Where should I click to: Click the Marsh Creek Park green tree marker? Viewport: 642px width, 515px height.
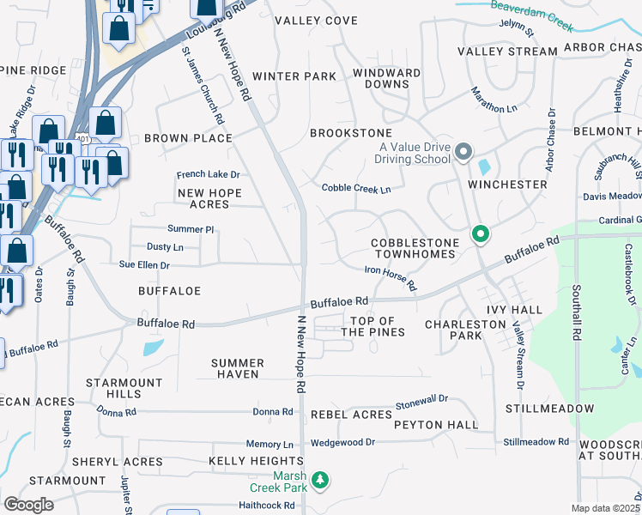pyautogui.click(x=320, y=480)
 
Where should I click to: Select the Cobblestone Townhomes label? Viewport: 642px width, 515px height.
pyautogui.click(x=417, y=249)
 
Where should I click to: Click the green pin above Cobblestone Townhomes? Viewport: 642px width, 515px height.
pyautogui.click(x=481, y=233)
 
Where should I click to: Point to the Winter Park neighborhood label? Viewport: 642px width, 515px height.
pyautogui.click(x=294, y=76)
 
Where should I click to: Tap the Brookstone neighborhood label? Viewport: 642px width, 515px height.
pyautogui.click(x=350, y=133)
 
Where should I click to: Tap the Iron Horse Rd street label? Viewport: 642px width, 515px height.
pyautogui.click(x=390, y=277)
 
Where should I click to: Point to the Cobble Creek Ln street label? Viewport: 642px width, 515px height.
pyautogui.click(x=355, y=188)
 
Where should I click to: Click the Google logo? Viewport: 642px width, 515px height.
pyautogui.click(x=28, y=505)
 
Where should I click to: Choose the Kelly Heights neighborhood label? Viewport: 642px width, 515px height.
pyautogui.click(x=245, y=462)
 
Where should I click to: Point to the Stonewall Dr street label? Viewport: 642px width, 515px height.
pyautogui.click(x=421, y=402)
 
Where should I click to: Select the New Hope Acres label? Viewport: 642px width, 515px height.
pyautogui.click(x=203, y=199)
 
